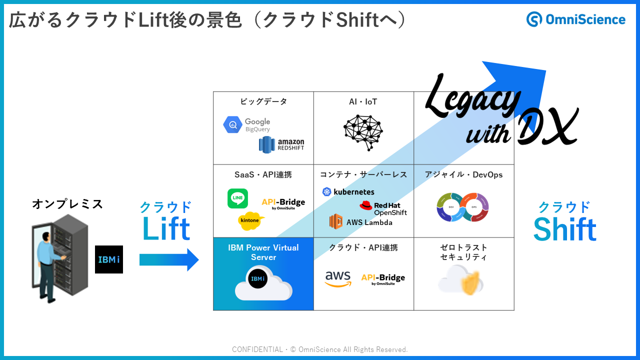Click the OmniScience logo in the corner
tap(575, 19)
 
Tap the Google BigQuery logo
tap(246, 124)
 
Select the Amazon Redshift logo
tap(281, 144)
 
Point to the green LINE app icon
tap(237, 198)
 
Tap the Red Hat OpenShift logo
tap(383, 208)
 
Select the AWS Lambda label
tap(361, 222)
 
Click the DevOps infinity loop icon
tap(462, 207)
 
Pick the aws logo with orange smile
tap(338, 279)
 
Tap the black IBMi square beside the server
tap(109, 259)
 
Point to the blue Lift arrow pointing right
tap(169, 260)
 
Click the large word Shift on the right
tap(564, 229)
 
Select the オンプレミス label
tap(67, 204)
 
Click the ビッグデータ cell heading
tap(263, 102)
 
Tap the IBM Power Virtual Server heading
tap(263, 252)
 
